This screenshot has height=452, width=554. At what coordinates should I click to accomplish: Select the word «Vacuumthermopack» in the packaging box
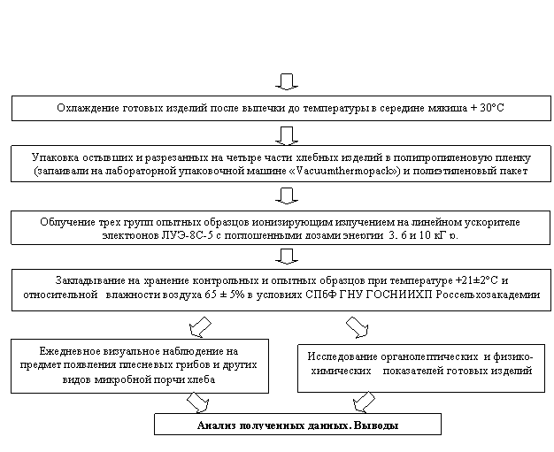[345, 172]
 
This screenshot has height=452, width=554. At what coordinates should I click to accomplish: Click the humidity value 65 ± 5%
[225, 295]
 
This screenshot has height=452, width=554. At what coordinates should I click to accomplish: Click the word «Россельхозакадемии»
[488, 295]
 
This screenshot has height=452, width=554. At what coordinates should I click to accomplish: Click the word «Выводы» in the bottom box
[376, 425]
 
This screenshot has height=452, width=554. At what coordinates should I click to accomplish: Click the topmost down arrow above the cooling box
[287, 82]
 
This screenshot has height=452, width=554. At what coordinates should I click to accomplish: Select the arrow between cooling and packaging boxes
[287, 136]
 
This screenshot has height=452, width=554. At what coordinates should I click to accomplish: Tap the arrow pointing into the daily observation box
[200, 327]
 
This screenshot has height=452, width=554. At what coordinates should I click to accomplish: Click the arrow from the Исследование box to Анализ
[364, 402]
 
